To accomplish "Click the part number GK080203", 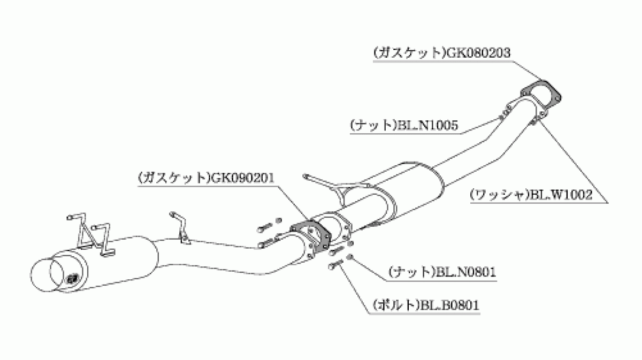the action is point(477,53).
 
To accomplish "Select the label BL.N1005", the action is point(427,125).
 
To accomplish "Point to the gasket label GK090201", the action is point(242,178).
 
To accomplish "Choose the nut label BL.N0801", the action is point(465,272).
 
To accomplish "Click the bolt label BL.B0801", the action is point(450,305).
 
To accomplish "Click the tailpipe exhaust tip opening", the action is point(47,275).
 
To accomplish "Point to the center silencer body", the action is point(393,195).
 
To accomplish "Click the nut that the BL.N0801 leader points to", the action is point(349,257).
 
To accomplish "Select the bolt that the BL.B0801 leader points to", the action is point(335,265).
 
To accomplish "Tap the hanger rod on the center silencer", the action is point(321,181).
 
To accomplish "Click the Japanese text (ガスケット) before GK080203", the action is point(409,53).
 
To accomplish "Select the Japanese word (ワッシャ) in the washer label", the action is point(500,195).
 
